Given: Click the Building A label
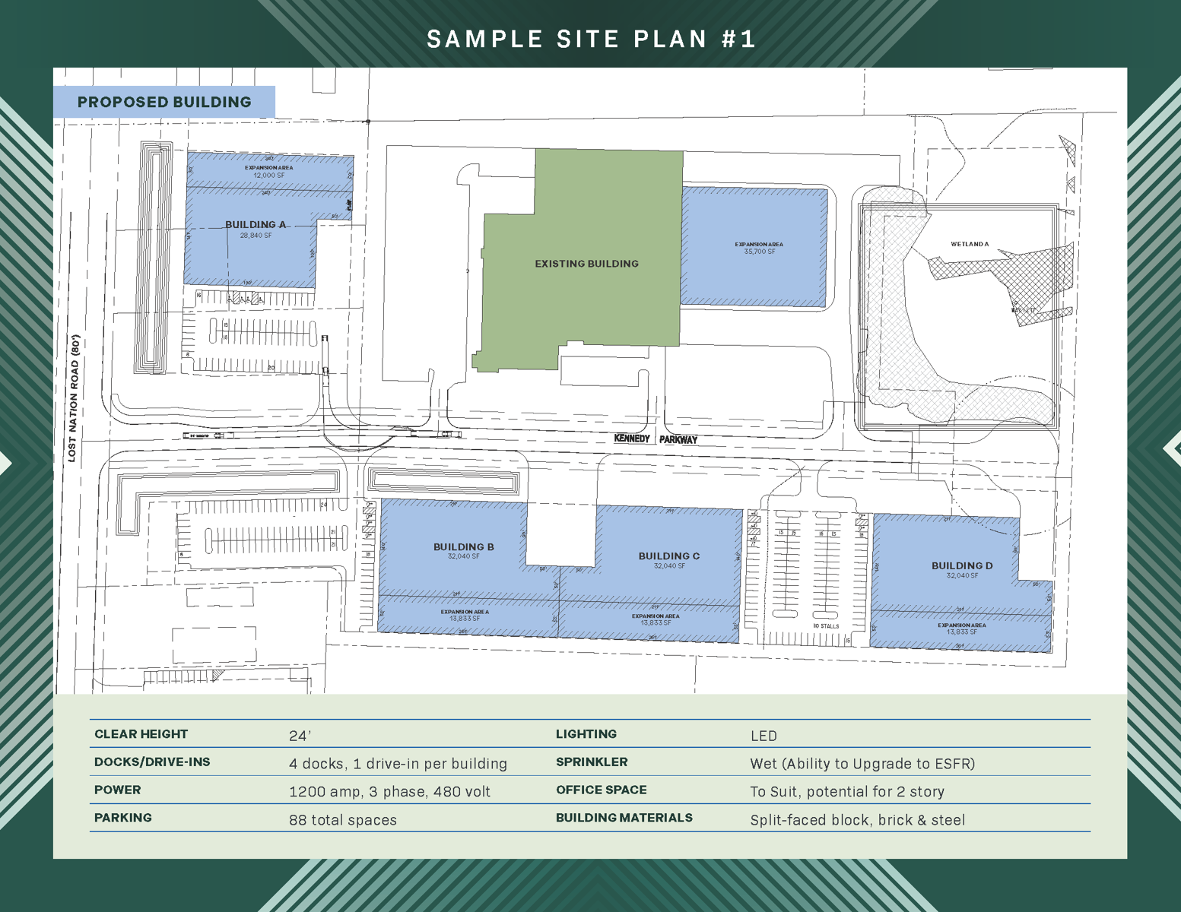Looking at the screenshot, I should tap(256, 225).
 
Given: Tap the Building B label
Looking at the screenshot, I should tap(464, 547).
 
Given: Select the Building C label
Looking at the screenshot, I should tap(669, 556).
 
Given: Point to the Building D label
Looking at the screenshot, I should tap(962, 566).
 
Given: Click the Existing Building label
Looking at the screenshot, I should tap(586, 264).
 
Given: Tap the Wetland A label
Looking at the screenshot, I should tap(970, 245).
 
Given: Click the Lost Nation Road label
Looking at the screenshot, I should tap(74, 398).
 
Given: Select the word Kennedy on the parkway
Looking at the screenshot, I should tap(632, 439).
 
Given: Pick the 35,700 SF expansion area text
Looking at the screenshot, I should tap(760, 252).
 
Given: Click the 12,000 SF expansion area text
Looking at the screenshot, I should tap(269, 176).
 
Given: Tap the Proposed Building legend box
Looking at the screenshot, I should tap(164, 102).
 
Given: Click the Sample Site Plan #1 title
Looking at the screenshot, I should tap(591, 39).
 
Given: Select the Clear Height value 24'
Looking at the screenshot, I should tap(300, 736).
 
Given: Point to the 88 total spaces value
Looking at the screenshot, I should tap(343, 820).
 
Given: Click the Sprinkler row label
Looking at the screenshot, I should tap(592, 762).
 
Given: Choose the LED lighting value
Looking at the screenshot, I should tap(764, 736).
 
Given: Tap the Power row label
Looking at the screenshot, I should tap(118, 790).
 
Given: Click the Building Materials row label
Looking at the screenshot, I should tap(624, 818).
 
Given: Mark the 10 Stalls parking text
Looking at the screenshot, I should tap(826, 626).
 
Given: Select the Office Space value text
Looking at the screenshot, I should tap(847, 792).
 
